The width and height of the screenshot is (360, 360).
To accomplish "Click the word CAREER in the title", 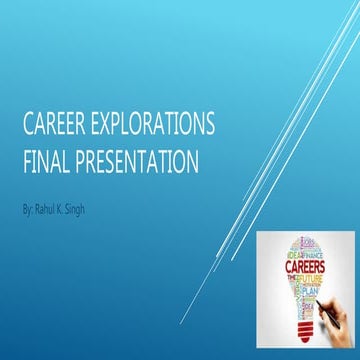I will click(x=54, y=127).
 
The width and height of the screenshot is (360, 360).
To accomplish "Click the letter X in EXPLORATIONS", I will click(x=103, y=127).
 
